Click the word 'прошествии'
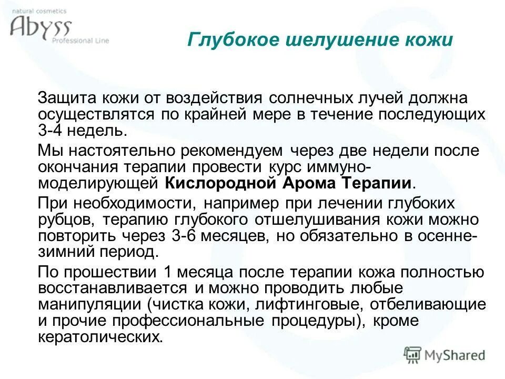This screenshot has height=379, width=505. [x=122, y=273]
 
